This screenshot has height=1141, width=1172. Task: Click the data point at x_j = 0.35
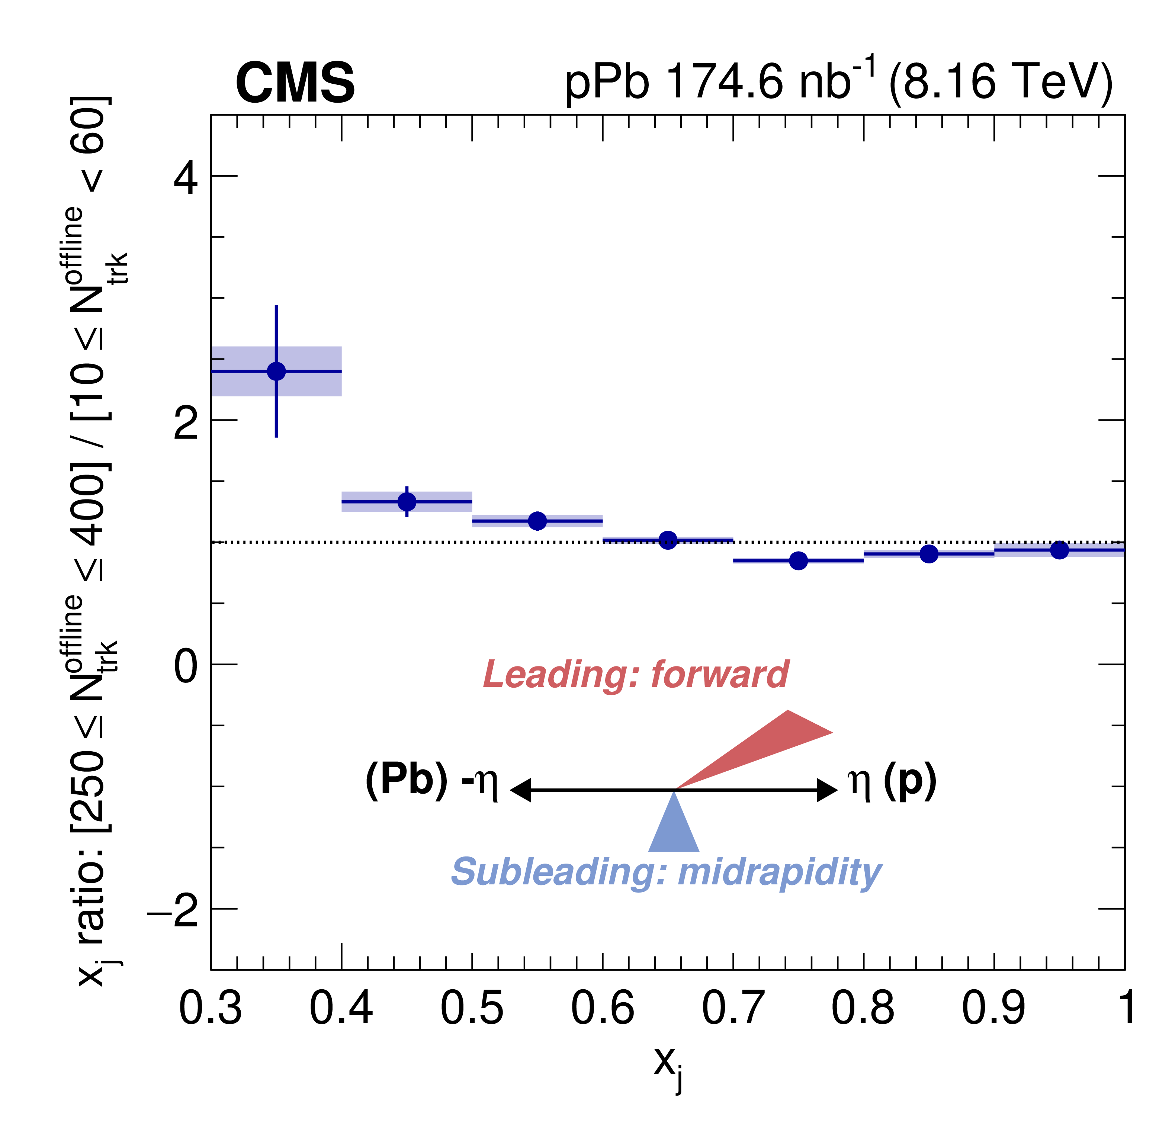click(x=276, y=372)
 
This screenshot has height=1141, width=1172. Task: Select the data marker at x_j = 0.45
click(x=407, y=502)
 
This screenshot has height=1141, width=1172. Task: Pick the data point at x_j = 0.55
click(x=537, y=521)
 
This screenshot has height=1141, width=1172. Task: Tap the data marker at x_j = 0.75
click(x=798, y=561)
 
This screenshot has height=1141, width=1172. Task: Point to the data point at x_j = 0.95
click(x=1059, y=550)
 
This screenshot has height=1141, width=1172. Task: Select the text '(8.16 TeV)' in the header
click(x=1001, y=82)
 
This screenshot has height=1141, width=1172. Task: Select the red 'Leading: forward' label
click(x=636, y=674)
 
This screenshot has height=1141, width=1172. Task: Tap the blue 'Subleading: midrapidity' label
click(x=666, y=872)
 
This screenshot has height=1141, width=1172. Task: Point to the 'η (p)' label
click(x=892, y=781)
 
